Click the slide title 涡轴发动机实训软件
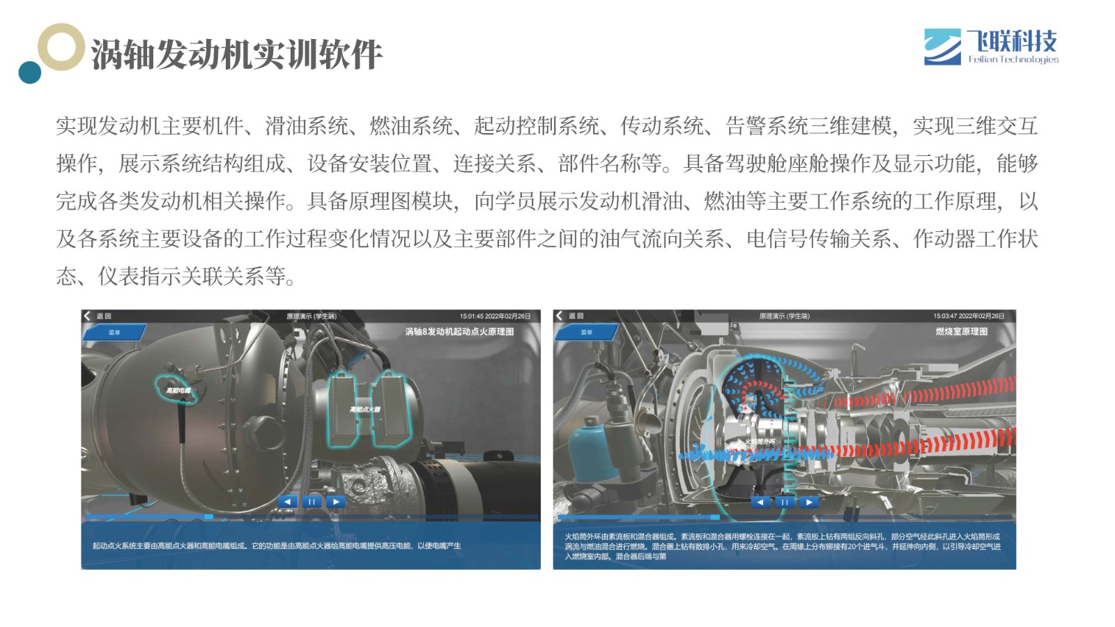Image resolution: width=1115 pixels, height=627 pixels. (237, 54)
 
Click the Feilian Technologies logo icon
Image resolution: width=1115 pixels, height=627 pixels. (942, 47)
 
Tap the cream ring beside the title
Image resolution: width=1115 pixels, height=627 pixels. (61, 47)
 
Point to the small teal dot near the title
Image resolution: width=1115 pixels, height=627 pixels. (30, 72)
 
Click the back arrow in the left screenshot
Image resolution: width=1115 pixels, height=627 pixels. (87, 316)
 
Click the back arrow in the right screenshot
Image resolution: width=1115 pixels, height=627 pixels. (559, 316)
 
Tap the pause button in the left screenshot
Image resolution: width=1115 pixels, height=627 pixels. (312, 502)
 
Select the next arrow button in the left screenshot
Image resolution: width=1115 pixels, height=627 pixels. (336, 502)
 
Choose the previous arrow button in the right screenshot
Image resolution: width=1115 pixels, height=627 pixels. (760, 502)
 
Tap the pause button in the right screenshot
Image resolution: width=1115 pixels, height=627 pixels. (784, 502)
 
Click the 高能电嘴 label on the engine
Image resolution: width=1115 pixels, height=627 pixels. (178, 391)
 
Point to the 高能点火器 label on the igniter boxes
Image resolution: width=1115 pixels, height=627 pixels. (365, 410)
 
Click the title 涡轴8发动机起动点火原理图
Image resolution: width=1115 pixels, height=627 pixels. (459, 332)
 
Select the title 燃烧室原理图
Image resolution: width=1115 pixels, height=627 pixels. (961, 332)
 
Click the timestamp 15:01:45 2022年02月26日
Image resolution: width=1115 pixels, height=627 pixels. (495, 316)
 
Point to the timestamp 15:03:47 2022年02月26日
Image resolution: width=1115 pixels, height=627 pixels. (969, 316)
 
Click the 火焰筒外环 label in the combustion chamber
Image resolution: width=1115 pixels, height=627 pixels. (760, 442)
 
